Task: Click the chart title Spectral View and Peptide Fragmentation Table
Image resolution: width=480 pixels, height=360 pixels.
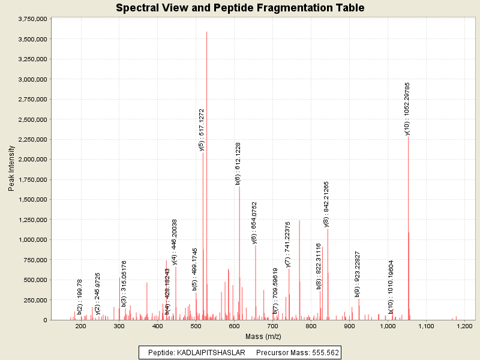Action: [x=240, y=8]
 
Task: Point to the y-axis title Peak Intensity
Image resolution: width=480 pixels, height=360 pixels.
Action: [x=11, y=169]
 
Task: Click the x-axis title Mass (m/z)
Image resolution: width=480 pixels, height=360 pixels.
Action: [x=263, y=336]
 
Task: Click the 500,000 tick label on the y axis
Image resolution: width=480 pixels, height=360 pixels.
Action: [x=34, y=280]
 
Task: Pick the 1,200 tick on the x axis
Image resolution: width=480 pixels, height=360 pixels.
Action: [x=464, y=326]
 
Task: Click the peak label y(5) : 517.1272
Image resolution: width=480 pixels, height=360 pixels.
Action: [x=202, y=130]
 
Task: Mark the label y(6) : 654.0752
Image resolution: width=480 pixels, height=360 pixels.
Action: [x=254, y=222]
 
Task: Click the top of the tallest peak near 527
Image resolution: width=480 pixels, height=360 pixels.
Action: [x=206, y=32]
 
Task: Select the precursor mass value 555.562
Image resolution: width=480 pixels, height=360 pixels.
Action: [x=321, y=353]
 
